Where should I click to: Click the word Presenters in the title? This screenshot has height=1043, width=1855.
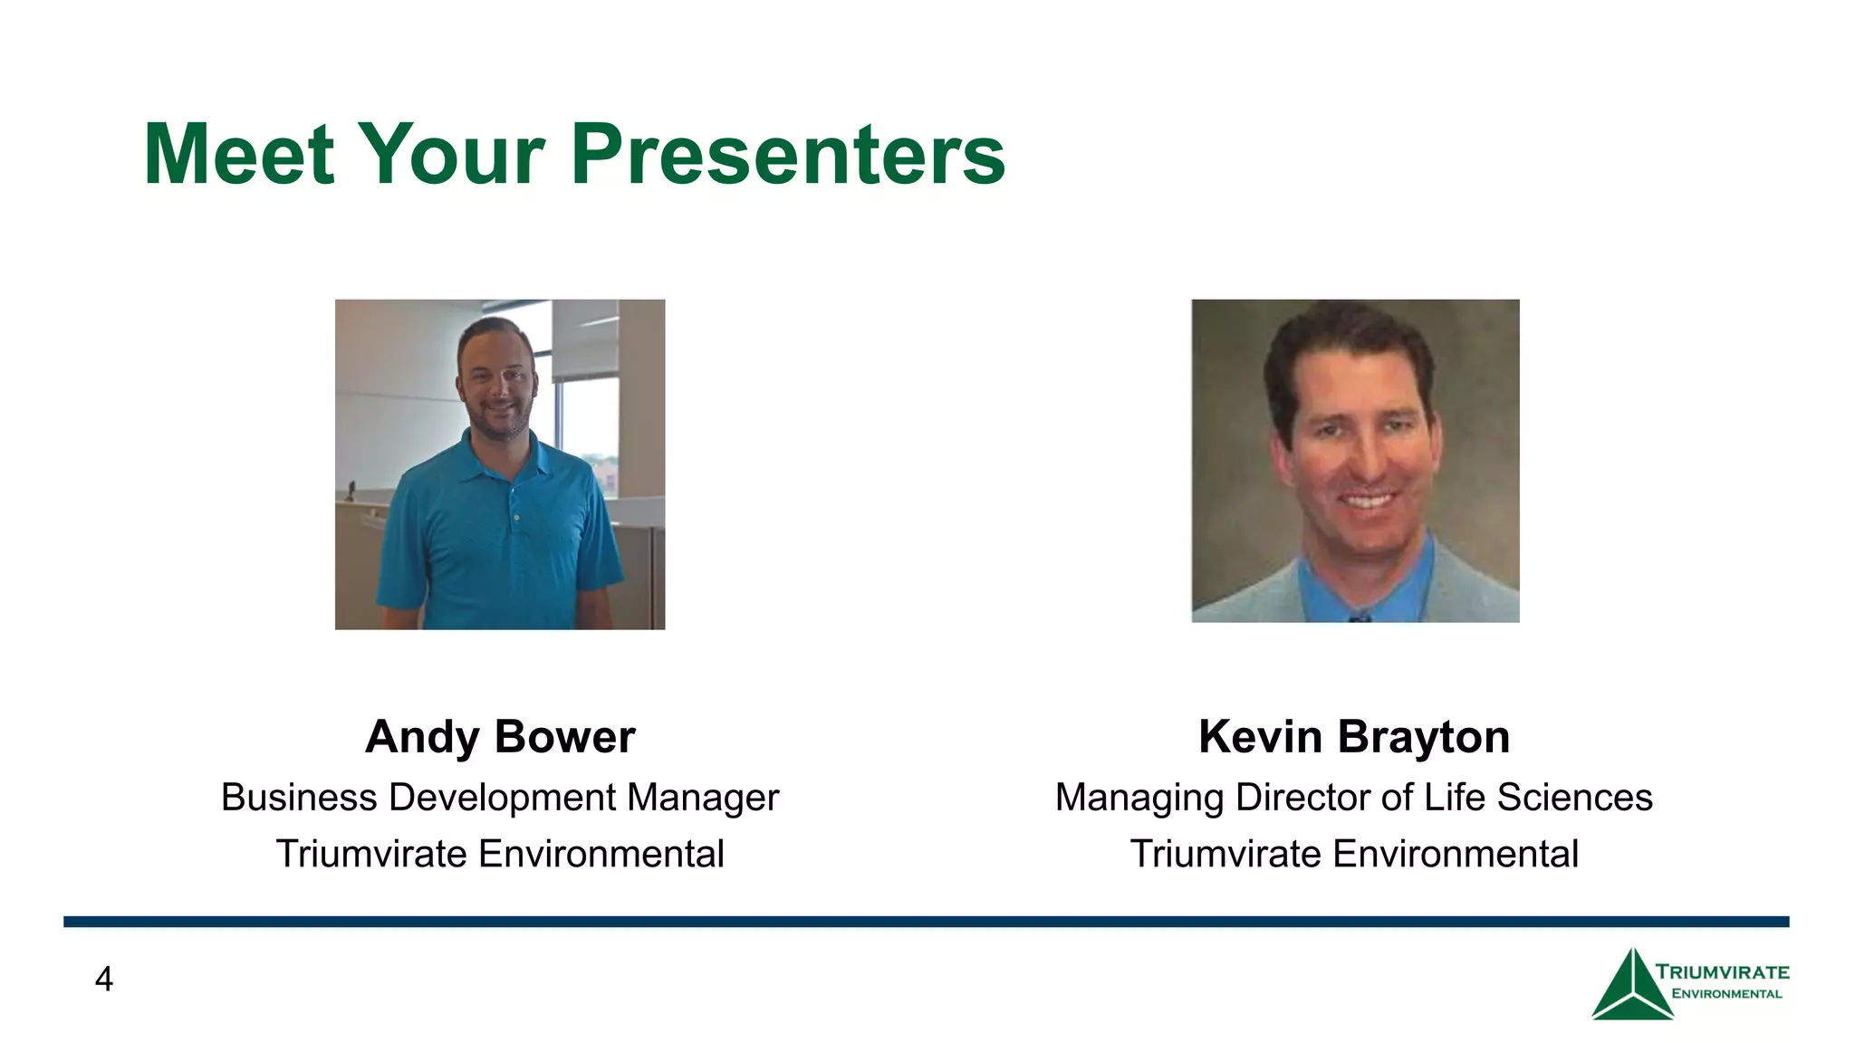tap(788, 155)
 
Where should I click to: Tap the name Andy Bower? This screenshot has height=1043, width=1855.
tap(500, 736)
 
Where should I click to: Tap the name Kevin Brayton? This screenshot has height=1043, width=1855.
tap(1354, 736)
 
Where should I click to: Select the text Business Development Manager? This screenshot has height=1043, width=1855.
tap(500, 798)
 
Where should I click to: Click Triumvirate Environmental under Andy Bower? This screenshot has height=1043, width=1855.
tap(500, 854)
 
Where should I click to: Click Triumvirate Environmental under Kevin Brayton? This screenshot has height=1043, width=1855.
tap(1354, 854)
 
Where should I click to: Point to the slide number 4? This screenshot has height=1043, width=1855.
tap(104, 980)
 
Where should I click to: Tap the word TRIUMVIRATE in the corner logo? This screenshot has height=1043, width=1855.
tap(1722, 972)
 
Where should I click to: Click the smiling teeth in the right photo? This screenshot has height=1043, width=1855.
tap(1368, 500)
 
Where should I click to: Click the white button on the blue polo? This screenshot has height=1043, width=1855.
tap(517, 517)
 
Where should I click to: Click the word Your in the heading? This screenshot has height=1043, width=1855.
tap(452, 155)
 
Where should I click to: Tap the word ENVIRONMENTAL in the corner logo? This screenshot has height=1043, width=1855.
tap(1726, 994)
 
